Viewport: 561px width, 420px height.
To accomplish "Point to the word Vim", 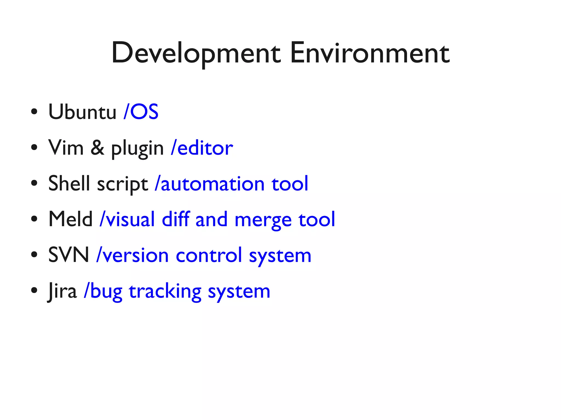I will click(x=66, y=147).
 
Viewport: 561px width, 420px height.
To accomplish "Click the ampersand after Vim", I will click(x=97, y=147).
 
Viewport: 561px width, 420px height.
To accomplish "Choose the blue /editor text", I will click(x=202, y=147).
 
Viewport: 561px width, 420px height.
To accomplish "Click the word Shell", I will click(x=69, y=183).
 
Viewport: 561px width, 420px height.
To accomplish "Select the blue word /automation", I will click(x=210, y=184).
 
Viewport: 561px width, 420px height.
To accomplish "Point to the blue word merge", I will click(x=263, y=221).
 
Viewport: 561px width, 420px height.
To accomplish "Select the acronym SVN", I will click(x=68, y=255).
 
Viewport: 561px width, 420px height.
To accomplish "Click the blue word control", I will click(x=209, y=255).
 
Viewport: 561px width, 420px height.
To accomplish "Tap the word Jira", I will click(x=62, y=291).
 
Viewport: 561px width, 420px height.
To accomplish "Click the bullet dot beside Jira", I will click(x=34, y=290).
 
